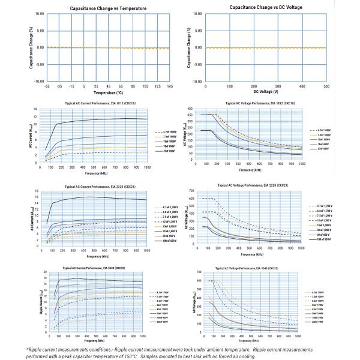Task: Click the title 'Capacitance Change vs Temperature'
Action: pyautogui.click(x=99, y=8)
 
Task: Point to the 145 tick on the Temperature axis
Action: pyautogui.click(x=171, y=86)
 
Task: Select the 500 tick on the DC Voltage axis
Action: pyautogui.click(x=326, y=86)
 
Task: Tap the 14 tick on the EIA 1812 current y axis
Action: pyautogui.click(x=36, y=109)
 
